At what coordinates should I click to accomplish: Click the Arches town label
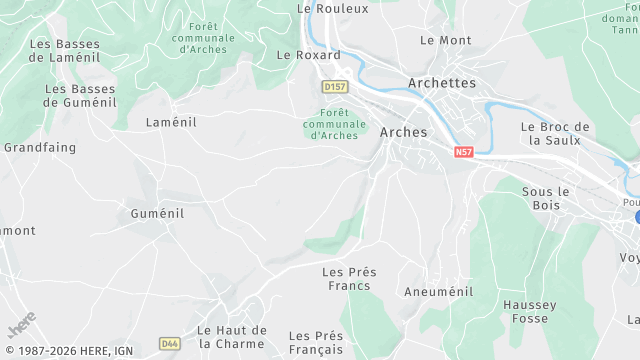click(x=404, y=132)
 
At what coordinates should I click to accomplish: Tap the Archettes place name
click(x=442, y=83)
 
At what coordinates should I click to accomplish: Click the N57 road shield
click(x=463, y=152)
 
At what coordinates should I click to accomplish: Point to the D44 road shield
click(x=169, y=343)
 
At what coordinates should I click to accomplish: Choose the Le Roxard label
click(x=308, y=55)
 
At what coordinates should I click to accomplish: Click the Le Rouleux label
click(x=333, y=8)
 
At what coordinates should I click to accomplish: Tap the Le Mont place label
click(x=445, y=40)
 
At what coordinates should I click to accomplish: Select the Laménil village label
click(x=171, y=122)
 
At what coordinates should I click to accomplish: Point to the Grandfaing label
click(x=39, y=147)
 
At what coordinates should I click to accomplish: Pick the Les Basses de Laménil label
click(x=65, y=51)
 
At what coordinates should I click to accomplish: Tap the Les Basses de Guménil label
click(x=80, y=95)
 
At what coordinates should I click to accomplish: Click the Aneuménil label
click(x=437, y=292)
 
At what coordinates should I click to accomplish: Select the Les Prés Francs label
click(x=346, y=278)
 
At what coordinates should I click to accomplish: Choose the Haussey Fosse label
click(x=526, y=311)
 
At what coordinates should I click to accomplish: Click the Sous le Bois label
click(x=546, y=198)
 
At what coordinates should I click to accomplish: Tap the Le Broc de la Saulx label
click(x=556, y=134)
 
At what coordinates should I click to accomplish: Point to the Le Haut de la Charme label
click(x=232, y=337)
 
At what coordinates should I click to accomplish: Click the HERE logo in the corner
click(x=22, y=327)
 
